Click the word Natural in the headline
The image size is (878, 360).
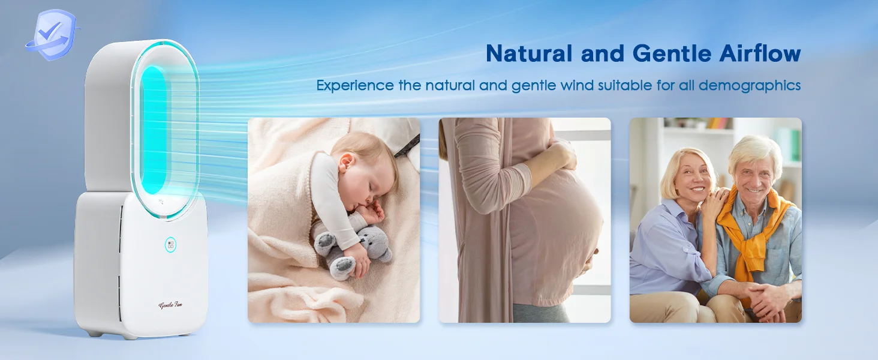(529, 53)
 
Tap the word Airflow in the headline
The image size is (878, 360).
(760, 53)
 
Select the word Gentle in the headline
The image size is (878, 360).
(672, 53)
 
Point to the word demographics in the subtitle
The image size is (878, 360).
(750, 86)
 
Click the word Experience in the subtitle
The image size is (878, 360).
(355, 85)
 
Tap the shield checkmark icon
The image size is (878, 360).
(52, 35)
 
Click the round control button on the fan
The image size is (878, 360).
(170, 245)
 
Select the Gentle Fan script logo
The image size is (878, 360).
(170, 305)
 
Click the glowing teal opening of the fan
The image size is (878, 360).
(154, 130)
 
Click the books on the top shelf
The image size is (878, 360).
(720, 123)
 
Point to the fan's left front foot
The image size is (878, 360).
(94, 334)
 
